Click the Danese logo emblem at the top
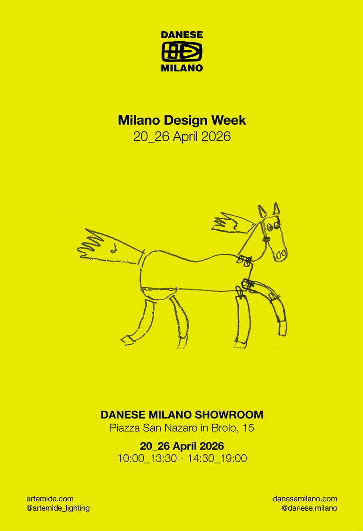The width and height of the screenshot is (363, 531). [181, 52]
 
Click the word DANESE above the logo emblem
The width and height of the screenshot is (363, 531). [181, 35]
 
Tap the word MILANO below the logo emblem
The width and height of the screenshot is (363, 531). [181, 68]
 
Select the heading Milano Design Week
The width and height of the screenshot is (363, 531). [181, 120]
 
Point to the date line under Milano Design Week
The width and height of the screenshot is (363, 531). [181, 137]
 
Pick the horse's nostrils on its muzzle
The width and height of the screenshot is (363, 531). [281, 254]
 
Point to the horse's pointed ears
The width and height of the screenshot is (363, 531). [269, 209]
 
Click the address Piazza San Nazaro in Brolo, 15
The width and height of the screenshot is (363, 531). [181, 429]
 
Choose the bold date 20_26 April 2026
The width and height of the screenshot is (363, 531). [181, 446]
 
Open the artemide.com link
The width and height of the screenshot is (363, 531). [50, 498]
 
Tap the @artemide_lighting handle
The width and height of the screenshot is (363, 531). [58, 508]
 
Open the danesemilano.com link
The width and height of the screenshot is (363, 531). [305, 498]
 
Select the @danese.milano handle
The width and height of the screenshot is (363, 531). [309, 508]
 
